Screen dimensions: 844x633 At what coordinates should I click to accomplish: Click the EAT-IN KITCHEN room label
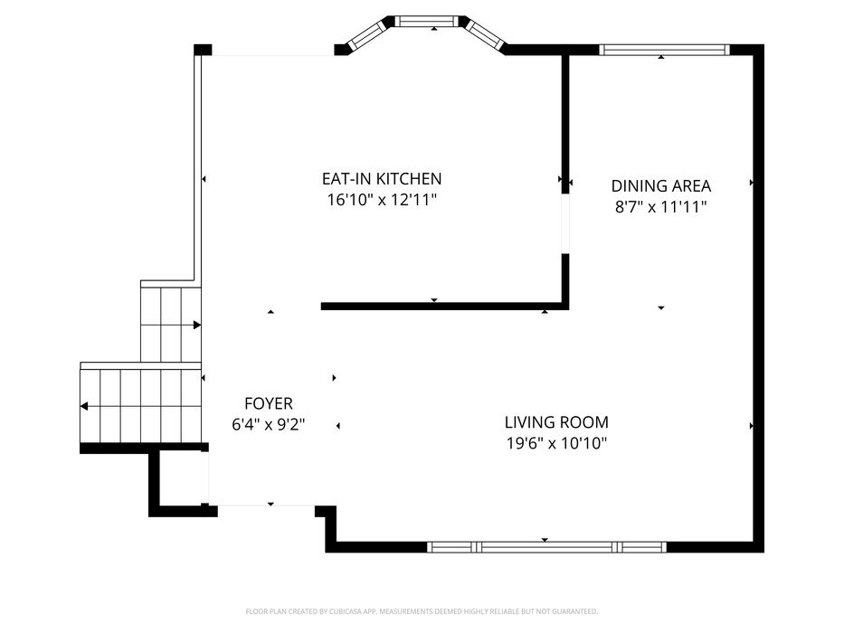point(382,179)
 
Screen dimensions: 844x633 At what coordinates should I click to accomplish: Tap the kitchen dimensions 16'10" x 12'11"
point(382,200)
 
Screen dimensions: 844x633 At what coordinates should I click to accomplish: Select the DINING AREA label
point(661,186)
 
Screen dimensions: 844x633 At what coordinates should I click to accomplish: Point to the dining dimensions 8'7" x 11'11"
point(661,207)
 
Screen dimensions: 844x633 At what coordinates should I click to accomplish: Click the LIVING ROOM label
point(556,422)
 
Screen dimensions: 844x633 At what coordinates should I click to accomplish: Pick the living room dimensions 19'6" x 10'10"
point(556,443)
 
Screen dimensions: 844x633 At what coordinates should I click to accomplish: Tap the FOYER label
point(269,403)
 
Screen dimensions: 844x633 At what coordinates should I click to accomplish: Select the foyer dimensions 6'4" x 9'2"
point(269,425)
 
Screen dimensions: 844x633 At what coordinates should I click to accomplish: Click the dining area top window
point(664,50)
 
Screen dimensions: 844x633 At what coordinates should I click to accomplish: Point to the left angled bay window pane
point(367,35)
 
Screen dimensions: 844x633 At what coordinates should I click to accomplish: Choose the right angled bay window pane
point(486,35)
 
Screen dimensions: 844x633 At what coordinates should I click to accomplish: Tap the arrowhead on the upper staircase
point(197,326)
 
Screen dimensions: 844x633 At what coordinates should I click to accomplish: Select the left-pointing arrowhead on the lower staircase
point(84,406)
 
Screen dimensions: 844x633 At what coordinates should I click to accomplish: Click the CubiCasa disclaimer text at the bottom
point(422,611)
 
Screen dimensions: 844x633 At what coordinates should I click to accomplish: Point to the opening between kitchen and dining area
point(565,223)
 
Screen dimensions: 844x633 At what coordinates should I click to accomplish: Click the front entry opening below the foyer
point(266,505)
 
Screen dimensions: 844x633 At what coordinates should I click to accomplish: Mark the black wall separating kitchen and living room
point(444,307)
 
